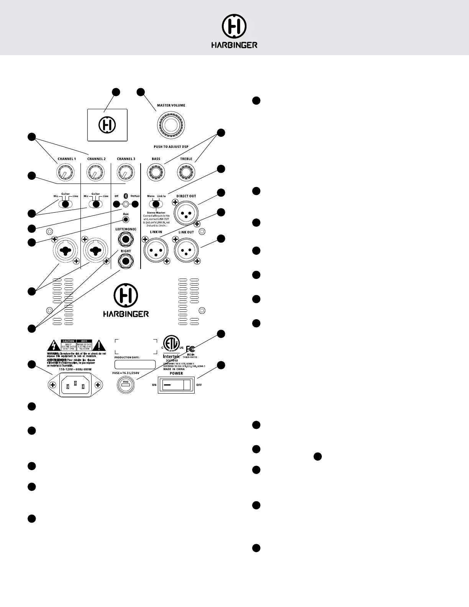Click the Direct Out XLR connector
click(186, 212)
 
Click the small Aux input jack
click(126, 220)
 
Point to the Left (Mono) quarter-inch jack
click(126, 241)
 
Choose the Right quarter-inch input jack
click(126, 262)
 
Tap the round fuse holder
click(126, 384)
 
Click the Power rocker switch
click(176, 385)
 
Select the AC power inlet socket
click(75, 385)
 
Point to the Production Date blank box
click(135, 364)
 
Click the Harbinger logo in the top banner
click(234, 31)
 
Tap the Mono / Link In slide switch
click(156, 204)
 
